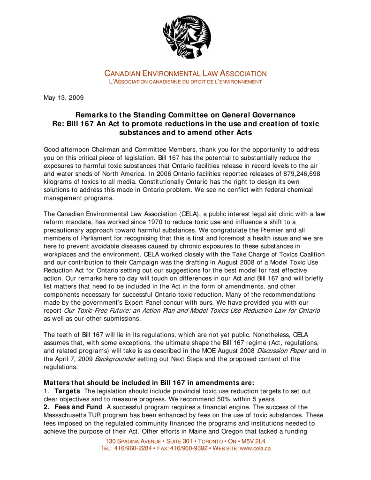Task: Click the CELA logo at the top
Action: (x=186, y=37)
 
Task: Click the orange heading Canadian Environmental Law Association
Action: (x=185, y=74)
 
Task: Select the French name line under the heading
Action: (x=185, y=82)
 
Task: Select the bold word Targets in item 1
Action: (x=67, y=390)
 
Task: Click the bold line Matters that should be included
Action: (x=149, y=382)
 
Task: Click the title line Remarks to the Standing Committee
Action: (x=185, y=115)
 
